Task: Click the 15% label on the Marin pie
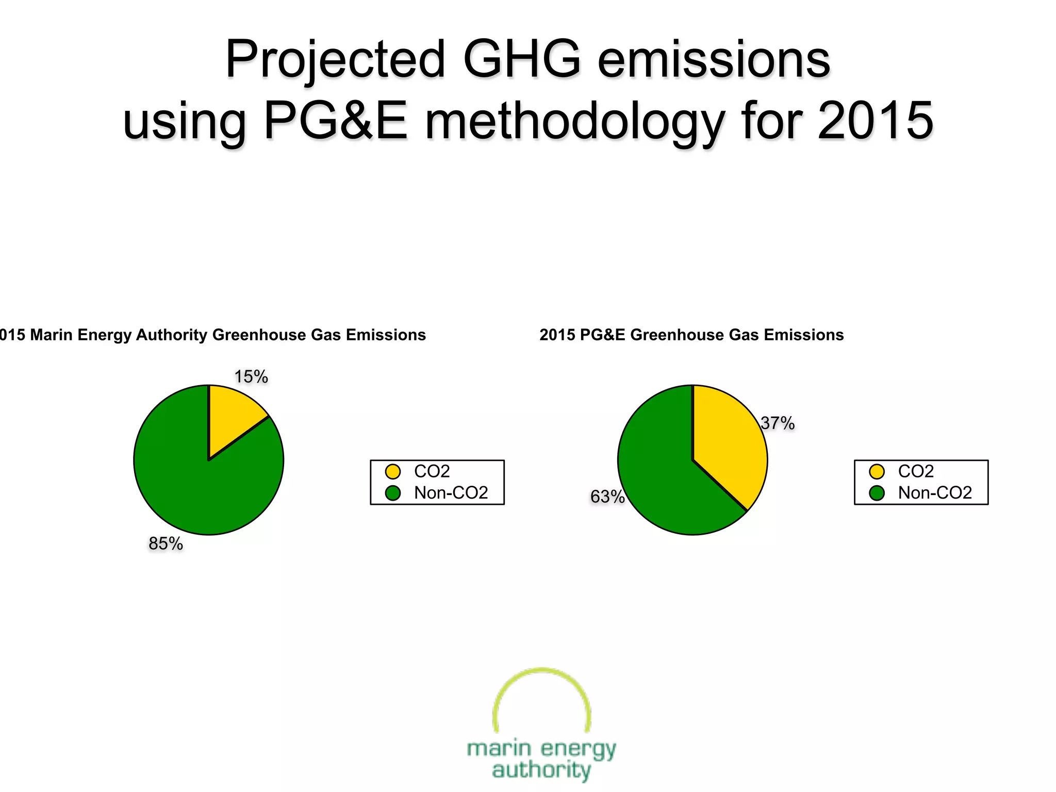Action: point(251,377)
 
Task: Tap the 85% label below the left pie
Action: point(166,543)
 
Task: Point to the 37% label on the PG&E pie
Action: point(778,423)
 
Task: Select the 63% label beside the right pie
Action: point(607,497)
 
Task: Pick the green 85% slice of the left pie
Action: point(196,490)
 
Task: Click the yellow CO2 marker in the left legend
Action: point(393,471)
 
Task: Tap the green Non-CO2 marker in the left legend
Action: point(393,493)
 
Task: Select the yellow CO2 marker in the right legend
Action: point(877,471)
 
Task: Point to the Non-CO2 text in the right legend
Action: point(935,493)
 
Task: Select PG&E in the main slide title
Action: point(336,121)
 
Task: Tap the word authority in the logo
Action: point(541,770)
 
